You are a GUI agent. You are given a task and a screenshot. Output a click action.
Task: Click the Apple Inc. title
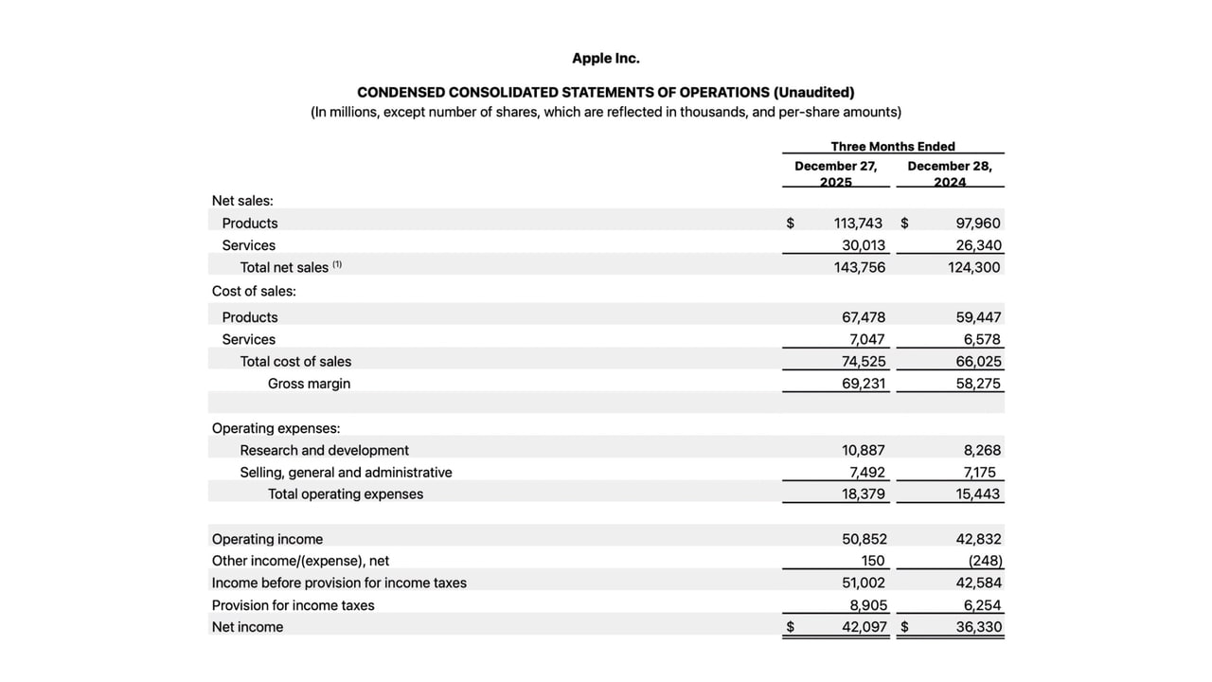(605, 59)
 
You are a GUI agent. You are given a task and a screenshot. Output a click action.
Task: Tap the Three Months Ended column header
(893, 146)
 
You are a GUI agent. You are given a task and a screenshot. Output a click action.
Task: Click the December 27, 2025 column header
(835, 173)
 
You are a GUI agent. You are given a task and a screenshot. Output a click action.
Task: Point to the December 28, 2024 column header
(950, 173)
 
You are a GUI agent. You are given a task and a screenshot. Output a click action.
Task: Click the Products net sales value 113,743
(858, 224)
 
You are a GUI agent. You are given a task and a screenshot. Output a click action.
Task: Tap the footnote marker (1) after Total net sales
(337, 265)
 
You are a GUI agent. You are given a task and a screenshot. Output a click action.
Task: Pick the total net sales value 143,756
(860, 267)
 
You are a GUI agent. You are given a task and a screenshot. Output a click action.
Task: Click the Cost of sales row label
(254, 291)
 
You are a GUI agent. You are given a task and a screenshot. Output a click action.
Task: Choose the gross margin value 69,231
(864, 384)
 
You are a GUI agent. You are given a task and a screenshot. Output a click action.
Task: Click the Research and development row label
(324, 450)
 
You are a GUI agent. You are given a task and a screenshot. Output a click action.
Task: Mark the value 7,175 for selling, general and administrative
(981, 472)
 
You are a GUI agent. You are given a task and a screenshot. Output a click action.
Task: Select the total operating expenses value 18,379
(864, 494)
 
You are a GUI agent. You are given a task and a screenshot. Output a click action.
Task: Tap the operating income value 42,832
(978, 539)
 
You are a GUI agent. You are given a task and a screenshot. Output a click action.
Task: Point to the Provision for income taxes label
(293, 605)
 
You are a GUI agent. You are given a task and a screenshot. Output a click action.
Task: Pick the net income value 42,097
(864, 627)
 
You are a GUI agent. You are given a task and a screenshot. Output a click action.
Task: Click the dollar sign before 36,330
(904, 627)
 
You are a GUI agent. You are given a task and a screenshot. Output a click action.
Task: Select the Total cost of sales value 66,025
(978, 362)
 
